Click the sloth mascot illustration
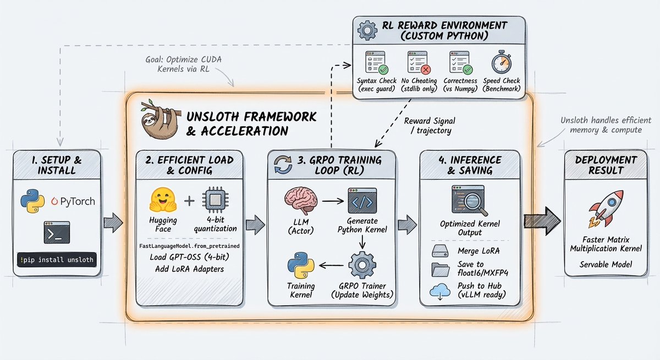(x=159, y=118)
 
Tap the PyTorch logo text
(x=73, y=201)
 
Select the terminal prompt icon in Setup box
(x=57, y=232)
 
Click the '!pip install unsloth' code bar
(x=57, y=259)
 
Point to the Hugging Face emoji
(x=163, y=200)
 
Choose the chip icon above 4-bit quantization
(x=216, y=200)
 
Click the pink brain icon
(x=301, y=201)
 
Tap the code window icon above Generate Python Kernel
(x=362, y=201)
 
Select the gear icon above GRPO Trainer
(x=362, y=265)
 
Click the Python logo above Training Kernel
(x=301, y=265)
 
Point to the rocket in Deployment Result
(x=606, y=208)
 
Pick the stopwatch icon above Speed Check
(x=501, y=62)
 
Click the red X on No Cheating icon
(x=426, y=70)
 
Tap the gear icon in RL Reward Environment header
(x=367, y=30)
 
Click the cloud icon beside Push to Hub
(x=440, y=291)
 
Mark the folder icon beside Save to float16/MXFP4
(x=441, y=270)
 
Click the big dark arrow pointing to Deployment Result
(x=542, y=221)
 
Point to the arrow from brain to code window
(x=333, y=201)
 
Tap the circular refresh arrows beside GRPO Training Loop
(x=283, y=164)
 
